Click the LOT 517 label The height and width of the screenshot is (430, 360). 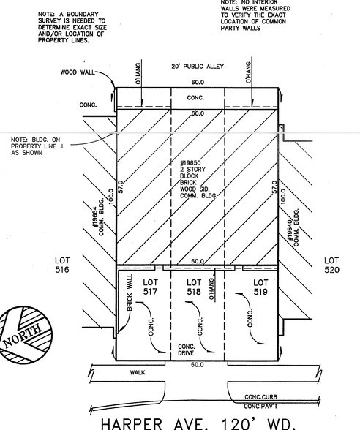pyautogui.click(x=150, y=287)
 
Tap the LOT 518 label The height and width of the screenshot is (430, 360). pyautogui.click(x=194, y=287)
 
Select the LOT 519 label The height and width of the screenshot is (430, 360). pyautogui.click(x=260, y=287)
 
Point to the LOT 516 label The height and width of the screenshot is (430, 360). pyautogui.click(x=63, y=265)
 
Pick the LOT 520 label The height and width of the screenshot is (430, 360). pyautogui.click(x=331, y=265)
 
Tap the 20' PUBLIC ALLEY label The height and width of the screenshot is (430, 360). pyautogui.click(x=198, y=66)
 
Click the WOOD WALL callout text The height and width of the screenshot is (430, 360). pyautogui.click(x=78, y=72)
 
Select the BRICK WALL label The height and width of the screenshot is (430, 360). pyautogui.click(x=130, y=293)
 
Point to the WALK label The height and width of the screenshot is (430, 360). pyautogui.click(x=138, y=372)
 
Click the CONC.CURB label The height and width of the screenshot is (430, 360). pyautogui.click(x=260, y=397)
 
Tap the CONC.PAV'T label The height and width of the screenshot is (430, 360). pyautogui.click(x=260, y=406)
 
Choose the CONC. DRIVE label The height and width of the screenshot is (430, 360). pyautogui.click(x=187, y=350)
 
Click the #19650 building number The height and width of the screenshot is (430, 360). pyautogui.click(x=190, y=163)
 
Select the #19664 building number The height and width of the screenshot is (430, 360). pyautogui.click(x=95, y=217)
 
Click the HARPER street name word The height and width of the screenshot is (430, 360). pyautogui.click(x=132, y=423)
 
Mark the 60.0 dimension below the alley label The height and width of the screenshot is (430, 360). pyautogui.click(x=198, y=82)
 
